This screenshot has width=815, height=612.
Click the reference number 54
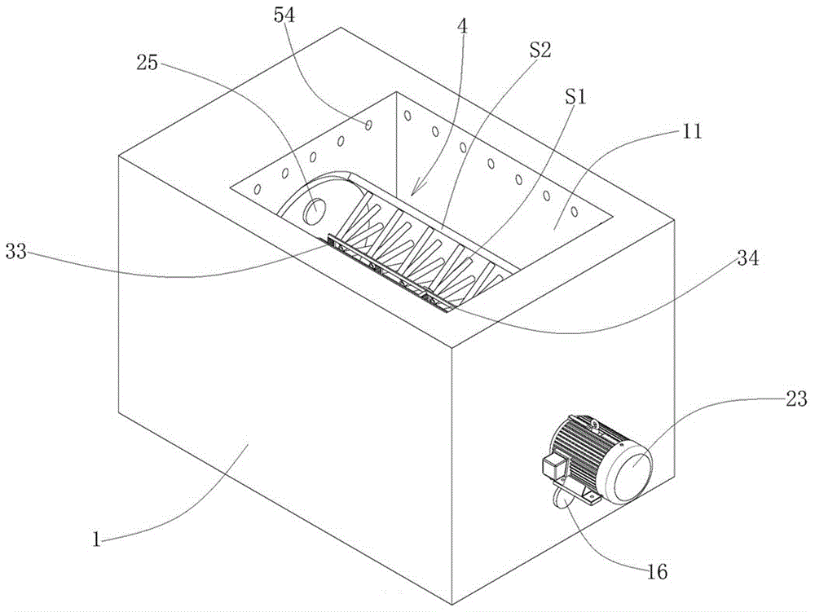coord(284,15)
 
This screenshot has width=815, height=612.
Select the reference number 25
coord(147,64)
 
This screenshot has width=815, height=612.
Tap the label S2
coord(540,51)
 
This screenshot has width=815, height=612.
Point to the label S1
coord(575,97)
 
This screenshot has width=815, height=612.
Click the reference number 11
coord(692,131)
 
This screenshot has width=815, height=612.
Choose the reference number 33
coord(15,252)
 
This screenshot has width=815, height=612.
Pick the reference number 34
coord(748,258)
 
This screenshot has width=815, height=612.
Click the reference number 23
coord(796,399)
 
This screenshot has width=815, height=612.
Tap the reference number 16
coord(657,571)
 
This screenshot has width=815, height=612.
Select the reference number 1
coord(96,539)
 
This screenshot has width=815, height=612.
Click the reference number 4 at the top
coord(462,26)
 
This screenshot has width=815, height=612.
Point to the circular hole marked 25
coord(315,211)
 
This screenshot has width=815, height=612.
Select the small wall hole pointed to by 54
coord(368,125)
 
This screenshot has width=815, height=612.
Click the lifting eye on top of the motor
coord(596,427)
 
